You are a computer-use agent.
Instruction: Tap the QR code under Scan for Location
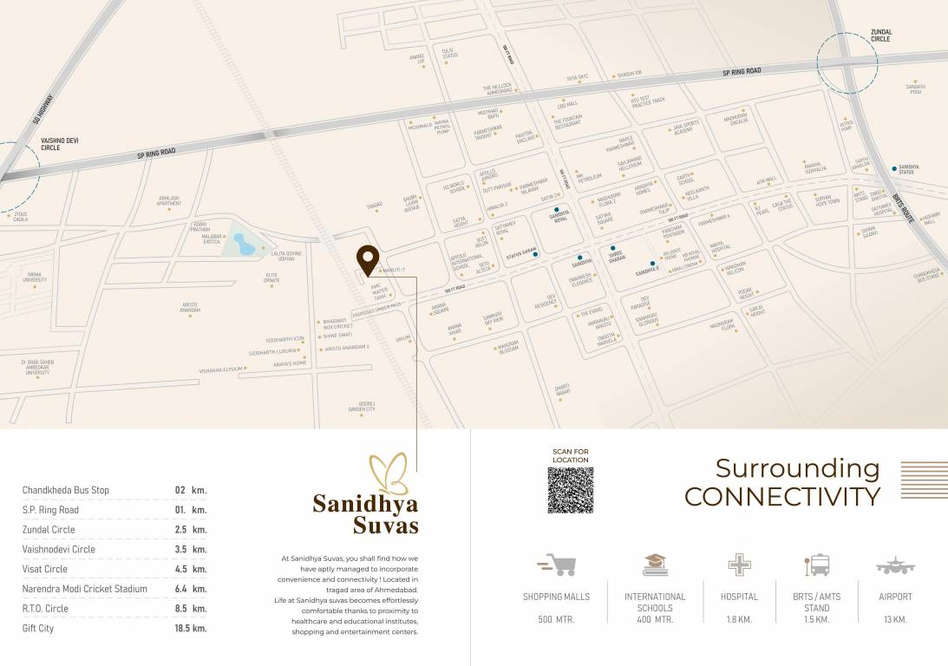tap(570, 490)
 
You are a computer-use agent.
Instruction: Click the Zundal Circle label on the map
tap(881, 36)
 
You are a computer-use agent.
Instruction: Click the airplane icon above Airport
tap(895, 565)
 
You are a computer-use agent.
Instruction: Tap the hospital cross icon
tap(739, 565)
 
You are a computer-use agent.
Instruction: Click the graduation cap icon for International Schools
tap(655, 565)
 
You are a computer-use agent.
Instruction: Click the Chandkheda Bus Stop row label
tap(66, 490)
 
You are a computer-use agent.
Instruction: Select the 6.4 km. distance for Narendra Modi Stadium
tap(191, 589)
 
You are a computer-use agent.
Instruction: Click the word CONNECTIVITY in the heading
tap(781, 496)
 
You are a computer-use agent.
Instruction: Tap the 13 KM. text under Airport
tap(894, 619)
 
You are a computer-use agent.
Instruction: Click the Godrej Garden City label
tap(362, 406)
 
